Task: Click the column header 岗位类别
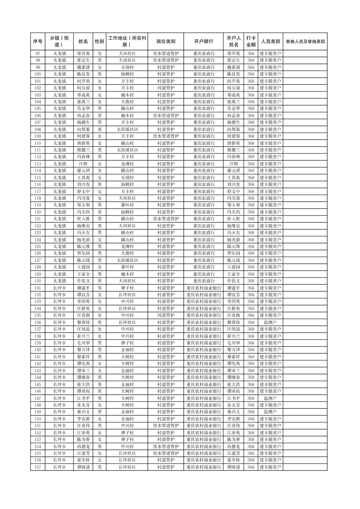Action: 166,42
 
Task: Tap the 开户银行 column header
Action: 203,42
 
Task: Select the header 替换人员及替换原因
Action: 305,42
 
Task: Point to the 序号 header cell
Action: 38,42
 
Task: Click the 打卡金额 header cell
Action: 251,42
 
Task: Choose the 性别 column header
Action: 99,42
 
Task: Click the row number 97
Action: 38,54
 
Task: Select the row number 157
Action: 38,467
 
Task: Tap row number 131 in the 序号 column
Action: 38,288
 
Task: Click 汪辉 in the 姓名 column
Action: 83,164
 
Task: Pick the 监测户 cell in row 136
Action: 270,322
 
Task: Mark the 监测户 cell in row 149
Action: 270,412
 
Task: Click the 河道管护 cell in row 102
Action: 166,88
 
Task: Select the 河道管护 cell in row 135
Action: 166,315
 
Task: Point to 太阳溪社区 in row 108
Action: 127,129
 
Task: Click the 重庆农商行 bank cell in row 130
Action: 203,281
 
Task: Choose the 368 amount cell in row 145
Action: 251,384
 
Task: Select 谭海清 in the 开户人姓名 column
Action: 233,467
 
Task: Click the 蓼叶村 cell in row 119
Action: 127,205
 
